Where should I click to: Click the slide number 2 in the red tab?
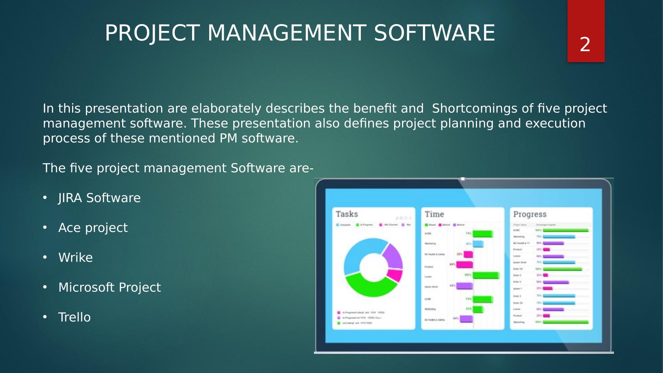coord(585,45)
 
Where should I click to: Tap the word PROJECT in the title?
coord(152,33)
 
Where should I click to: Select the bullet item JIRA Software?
coord(99,198)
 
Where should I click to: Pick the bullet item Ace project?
coord(93,228)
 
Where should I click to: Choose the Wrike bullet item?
coord(75,258)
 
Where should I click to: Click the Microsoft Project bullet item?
coord(109,287)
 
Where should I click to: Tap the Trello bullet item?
coord(74,317)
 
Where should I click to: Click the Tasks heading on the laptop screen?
coord(347,214)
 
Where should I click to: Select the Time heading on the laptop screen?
coord(434,214)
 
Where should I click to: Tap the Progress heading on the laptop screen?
coord(529,214)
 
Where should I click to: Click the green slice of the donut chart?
coord(369,286)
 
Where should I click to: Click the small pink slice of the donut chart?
coord(395,275)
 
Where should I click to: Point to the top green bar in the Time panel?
coord(482,234)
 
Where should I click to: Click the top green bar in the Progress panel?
coord(565,230)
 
